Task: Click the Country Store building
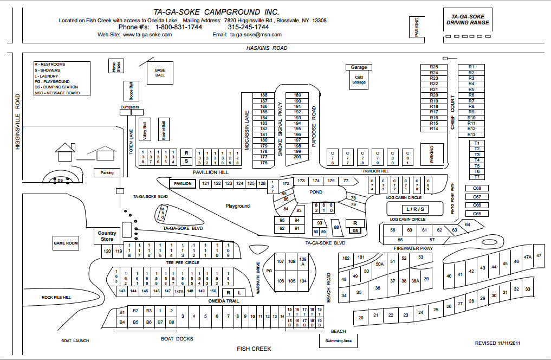tap(107, 236)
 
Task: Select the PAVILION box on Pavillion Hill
tap(183, 184)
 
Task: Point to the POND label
tap(315, 192)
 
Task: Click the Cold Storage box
tap(359, 80)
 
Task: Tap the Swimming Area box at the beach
tap(338, 341)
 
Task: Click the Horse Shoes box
tap(115, 66)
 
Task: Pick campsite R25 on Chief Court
tap(433, 67)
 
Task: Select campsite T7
tap(477, 177)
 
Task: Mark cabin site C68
tap(477, 188)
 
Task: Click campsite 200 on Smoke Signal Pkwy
tap(297, 157)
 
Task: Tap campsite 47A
tap(527, 258)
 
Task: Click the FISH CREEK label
tap(254, 349)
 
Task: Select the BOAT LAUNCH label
tap(75, 341)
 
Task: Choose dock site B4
tap(122, 322)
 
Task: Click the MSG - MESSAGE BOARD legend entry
tap(57, 93)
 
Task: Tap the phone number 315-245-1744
tap(248, 27)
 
